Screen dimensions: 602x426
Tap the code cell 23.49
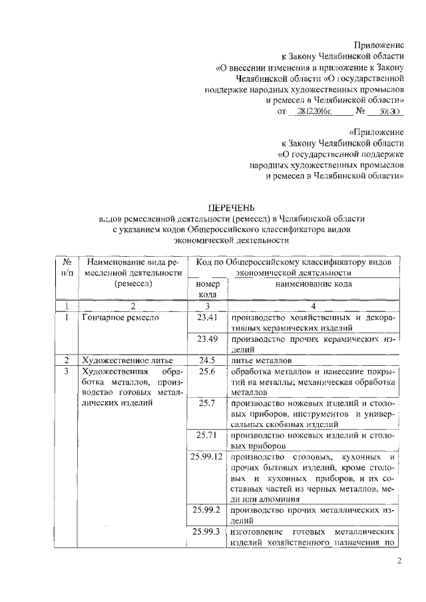(x=208, y=339)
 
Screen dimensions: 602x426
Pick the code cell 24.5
(x=208, y=360)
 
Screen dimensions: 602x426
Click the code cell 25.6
(x=208, y=371)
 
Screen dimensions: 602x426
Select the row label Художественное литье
(x=124, y=360)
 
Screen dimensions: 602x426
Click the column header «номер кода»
(x=208, y=289)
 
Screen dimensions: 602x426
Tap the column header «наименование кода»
(x=314, y=284)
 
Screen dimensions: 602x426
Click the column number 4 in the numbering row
(x=314, y=306)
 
